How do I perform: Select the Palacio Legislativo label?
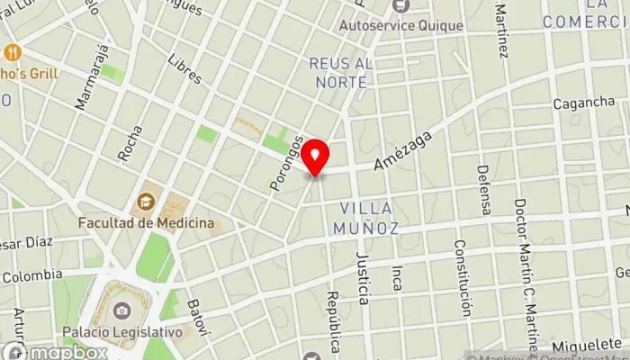click(130, 331)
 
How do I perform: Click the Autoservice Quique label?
click(400, 25)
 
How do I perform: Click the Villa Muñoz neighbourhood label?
click(369, 219)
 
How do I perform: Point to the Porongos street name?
click(283, 163)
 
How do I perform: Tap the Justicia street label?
click(363, 278)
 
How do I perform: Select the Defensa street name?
click(484, 189)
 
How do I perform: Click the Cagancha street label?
click(583, 103)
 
